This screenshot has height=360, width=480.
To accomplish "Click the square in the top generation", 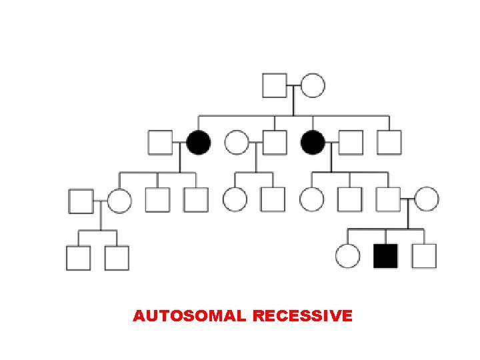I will pyautogui.click(x=274, y=86).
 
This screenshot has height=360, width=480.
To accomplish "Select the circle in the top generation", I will pyautogui.click(x=313, y=86).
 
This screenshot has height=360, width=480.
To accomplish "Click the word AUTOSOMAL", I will pyautogui.click(x=190, y=315).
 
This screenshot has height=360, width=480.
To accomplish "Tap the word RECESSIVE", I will pyautogui.click(x=303, y=315).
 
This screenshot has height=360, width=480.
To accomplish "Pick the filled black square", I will pyautogui.click(x=385, y=256).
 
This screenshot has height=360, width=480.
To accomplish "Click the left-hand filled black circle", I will pyautogui.click(x=198, y=143).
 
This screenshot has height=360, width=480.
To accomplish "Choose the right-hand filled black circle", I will pyautogui.click(x=313, y=143).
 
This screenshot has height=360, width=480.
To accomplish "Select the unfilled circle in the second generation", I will pyautogui.click(x=236, y=143).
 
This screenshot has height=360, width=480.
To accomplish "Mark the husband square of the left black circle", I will pyautogui.click(x=160, y=143).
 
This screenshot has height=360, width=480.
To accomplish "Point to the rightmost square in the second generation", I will pyautogui.click(x=389, y=143).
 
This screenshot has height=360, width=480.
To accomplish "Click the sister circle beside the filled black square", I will pyautogui.click(x=347, y=256).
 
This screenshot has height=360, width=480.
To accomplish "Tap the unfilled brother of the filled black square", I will pyautogui.click(x=424, y=256).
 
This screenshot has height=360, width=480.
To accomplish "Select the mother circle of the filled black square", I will pyautogui.click(x=427, y=199).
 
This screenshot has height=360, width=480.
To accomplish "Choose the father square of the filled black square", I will pyautogui.click(x=388, y=199).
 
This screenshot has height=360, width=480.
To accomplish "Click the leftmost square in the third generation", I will pyautogui.click(x=81, y=201).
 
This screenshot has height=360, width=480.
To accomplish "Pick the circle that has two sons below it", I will pyautogui.click(x=119, y=201).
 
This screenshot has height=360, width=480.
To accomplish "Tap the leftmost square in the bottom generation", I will pyautogui.click(x=78, y=258).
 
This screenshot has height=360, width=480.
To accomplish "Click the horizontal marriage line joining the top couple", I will pyautogui.click(x=293, y=86).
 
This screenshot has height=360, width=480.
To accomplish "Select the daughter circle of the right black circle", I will pyautogui.click(x=311, y=199).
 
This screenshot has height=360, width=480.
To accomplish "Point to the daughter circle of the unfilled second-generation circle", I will pyautogui.click(x=235, y=199).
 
